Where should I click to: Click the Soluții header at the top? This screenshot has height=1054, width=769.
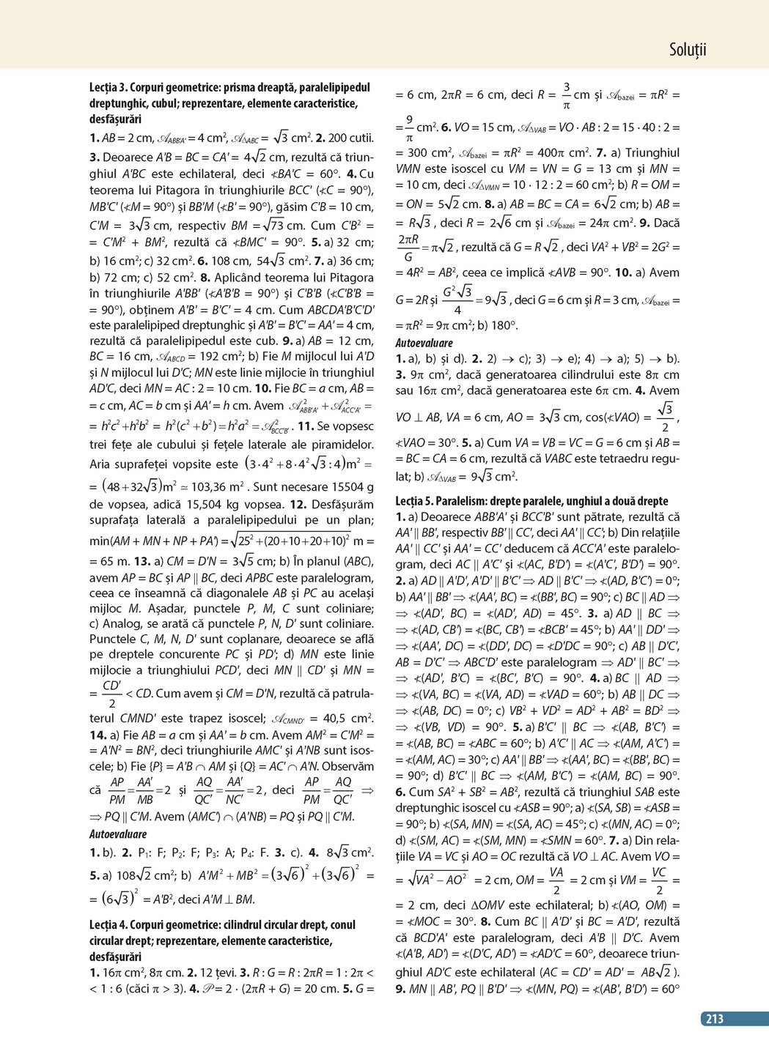(687, 50)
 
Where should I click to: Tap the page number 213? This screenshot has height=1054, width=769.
(714, 1018)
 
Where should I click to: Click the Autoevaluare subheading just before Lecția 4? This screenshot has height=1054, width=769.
(118, 834)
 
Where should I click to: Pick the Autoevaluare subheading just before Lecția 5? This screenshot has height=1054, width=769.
(424, 342)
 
